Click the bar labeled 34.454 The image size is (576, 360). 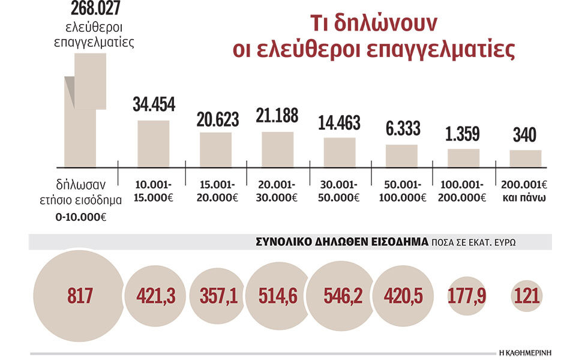pos(154,143)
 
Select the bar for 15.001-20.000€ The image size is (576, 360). pos(216,149)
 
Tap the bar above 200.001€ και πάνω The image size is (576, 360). pos(526,158)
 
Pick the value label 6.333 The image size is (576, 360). pos(401,128)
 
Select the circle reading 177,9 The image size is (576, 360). pos(466,296)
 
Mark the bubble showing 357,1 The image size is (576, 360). pos(217,296)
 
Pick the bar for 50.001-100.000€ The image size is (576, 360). pos(401,155)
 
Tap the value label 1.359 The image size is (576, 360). pos(464,134)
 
